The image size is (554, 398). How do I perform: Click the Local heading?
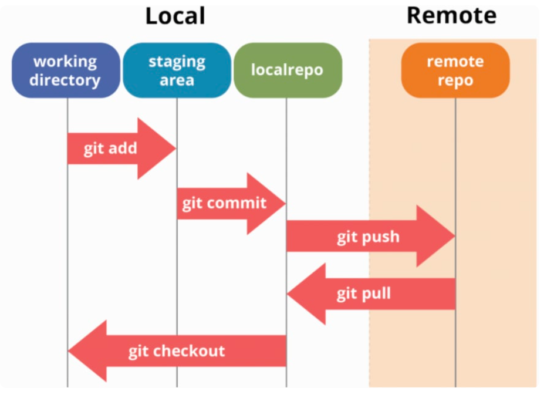175,16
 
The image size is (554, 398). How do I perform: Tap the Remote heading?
451,15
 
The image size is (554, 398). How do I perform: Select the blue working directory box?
66,70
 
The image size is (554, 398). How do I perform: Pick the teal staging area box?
177,70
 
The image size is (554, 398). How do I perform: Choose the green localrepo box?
288,70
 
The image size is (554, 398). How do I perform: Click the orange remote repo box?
455,70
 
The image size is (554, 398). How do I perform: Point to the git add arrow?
121,149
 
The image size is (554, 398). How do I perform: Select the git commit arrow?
231,204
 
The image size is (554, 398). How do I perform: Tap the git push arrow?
371,236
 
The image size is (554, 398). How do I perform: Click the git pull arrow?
371,294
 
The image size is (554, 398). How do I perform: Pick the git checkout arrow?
177,351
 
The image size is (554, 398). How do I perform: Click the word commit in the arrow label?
237,203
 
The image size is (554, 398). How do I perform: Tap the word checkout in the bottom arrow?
189,351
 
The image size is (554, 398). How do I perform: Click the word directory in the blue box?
65,80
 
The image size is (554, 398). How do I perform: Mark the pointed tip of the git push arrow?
455,236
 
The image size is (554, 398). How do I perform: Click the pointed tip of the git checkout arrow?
68,351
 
